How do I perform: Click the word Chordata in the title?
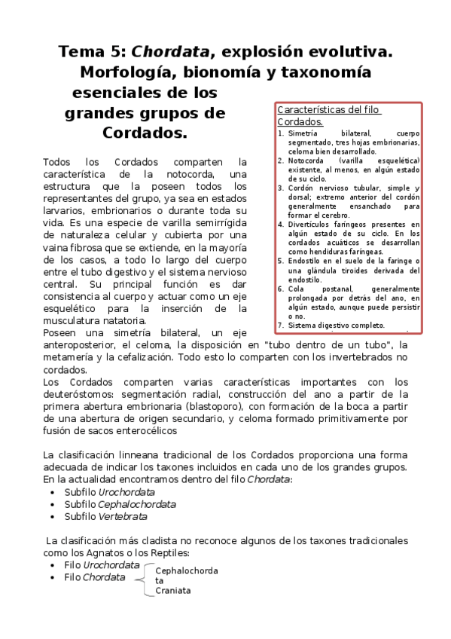tap(170, 53)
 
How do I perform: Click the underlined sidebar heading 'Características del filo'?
tap(329, 110)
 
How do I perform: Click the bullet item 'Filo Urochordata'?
tap(102, 564)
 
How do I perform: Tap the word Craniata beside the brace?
tap(172, 591)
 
